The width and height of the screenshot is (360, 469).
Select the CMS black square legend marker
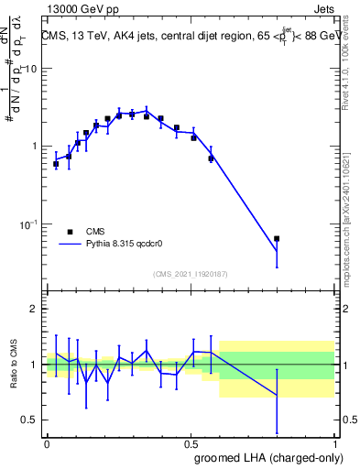[70, 232]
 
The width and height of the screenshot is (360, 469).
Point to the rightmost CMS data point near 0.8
[277, 238]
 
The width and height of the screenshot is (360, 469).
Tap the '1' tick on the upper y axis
[36, 147]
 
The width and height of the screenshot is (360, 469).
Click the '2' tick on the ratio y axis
[36, 309]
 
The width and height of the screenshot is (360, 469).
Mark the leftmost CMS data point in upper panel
[56, 164]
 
